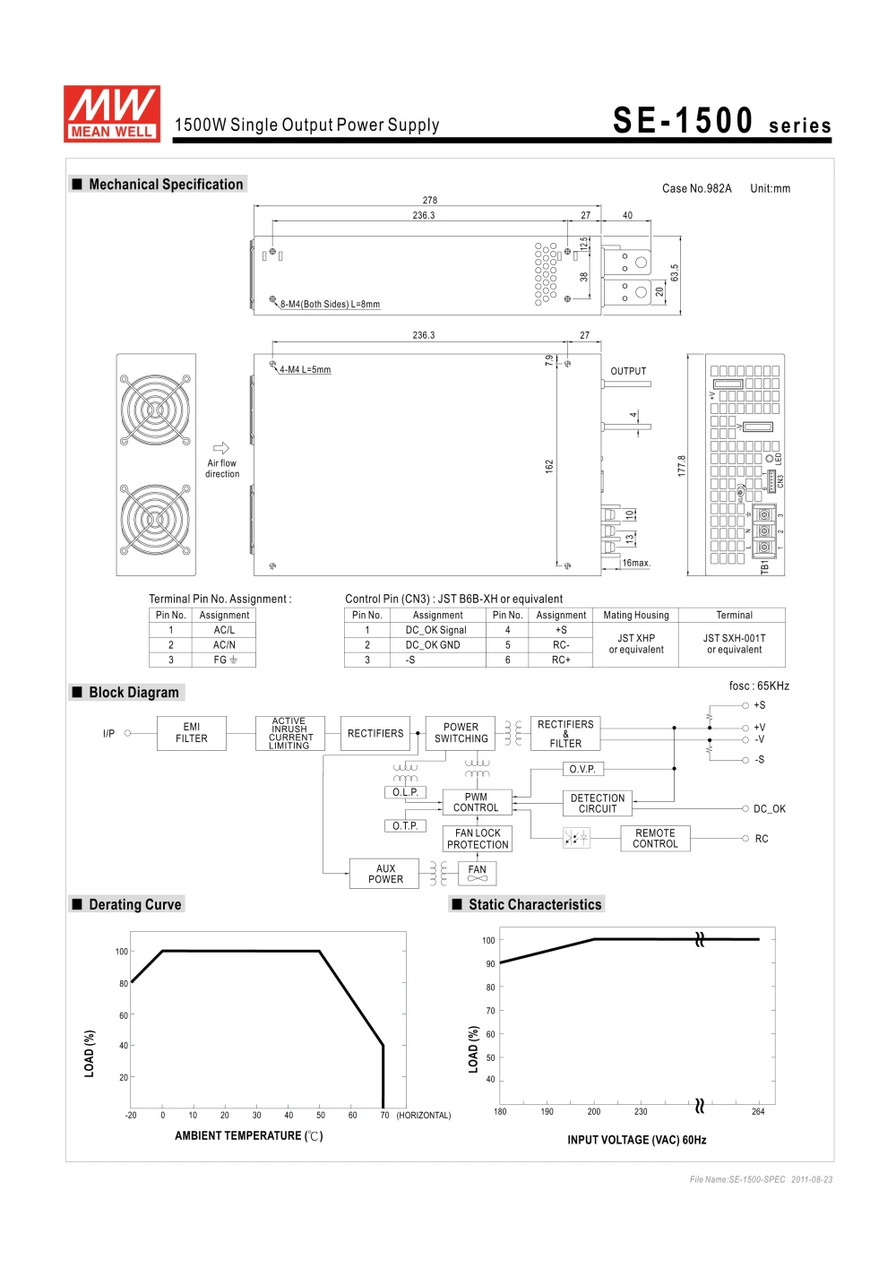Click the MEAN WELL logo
(x=112, y=114)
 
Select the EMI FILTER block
(x=192, y=733)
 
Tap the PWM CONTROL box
(x=476, y=802)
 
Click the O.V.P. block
(x=582, y=769)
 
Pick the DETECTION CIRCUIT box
(x=598, y=803)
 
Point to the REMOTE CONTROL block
(x=655, y=838)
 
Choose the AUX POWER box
(x=385, y=874)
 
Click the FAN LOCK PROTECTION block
(x=478, y=839)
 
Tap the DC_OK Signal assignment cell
(x=436, y=630)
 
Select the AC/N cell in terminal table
(x=224, y=645)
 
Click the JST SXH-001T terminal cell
(x=734, y=644)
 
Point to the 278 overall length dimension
(x=430, y=201)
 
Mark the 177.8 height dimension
(x=682, y=465)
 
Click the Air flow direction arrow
(x=221, y=448)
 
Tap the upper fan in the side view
(x=155, y=410)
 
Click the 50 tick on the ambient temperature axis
(x=321, y=1116)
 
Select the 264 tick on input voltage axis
(x=758, y=1112)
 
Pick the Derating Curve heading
(x=135, y=905)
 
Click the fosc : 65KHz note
(x=759, y=686)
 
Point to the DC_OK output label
(x=769, y=809)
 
